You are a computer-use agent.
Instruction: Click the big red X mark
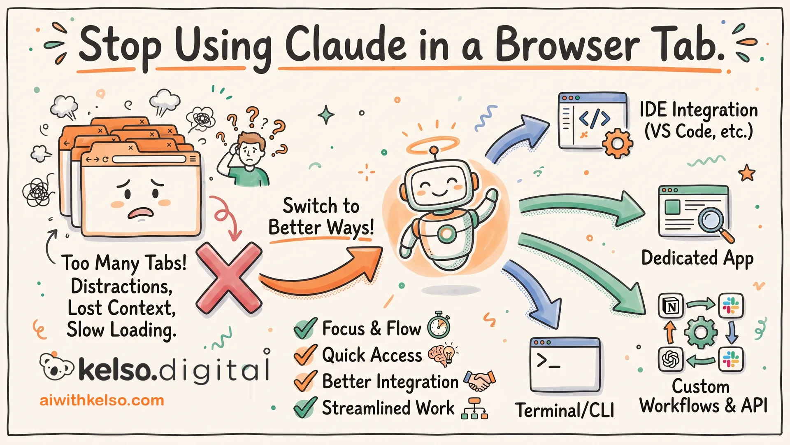click(x=229, y=278)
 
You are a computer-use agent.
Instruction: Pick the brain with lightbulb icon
click(x=442, y=354)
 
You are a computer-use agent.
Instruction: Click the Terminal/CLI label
click(x=565, y=410)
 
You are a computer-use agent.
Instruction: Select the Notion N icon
click(x=671, y=306)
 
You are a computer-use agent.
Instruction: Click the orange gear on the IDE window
click(x=617, y=143)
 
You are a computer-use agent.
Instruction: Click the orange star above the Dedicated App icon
click(x=747, y=173)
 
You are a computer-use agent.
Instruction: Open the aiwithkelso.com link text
click(x=102, y=400)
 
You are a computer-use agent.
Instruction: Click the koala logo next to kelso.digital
click(x=56, y=366)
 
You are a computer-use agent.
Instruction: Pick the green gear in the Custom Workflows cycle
click(x=701, y=333)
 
